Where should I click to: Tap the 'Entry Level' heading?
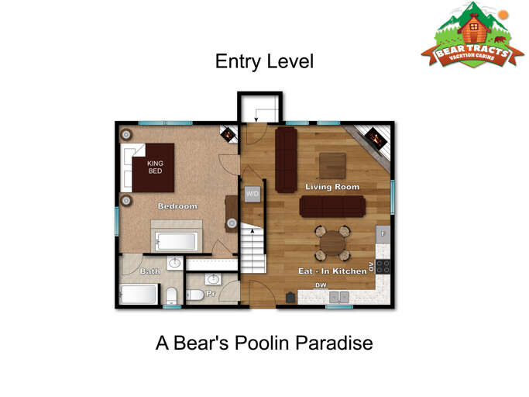264,62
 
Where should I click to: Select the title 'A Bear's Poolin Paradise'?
264,342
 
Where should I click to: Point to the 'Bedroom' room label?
177,206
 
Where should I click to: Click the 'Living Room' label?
332,187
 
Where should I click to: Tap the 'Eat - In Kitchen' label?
332,271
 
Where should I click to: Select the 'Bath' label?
149,271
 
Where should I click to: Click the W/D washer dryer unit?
252,193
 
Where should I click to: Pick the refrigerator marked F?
383,233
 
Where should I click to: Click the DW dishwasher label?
321,285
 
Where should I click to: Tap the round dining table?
332,243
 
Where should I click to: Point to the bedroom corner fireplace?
228,134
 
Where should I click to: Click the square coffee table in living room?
332,164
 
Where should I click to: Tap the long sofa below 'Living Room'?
333,205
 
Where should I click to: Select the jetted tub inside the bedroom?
177,240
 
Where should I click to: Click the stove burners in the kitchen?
383,266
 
